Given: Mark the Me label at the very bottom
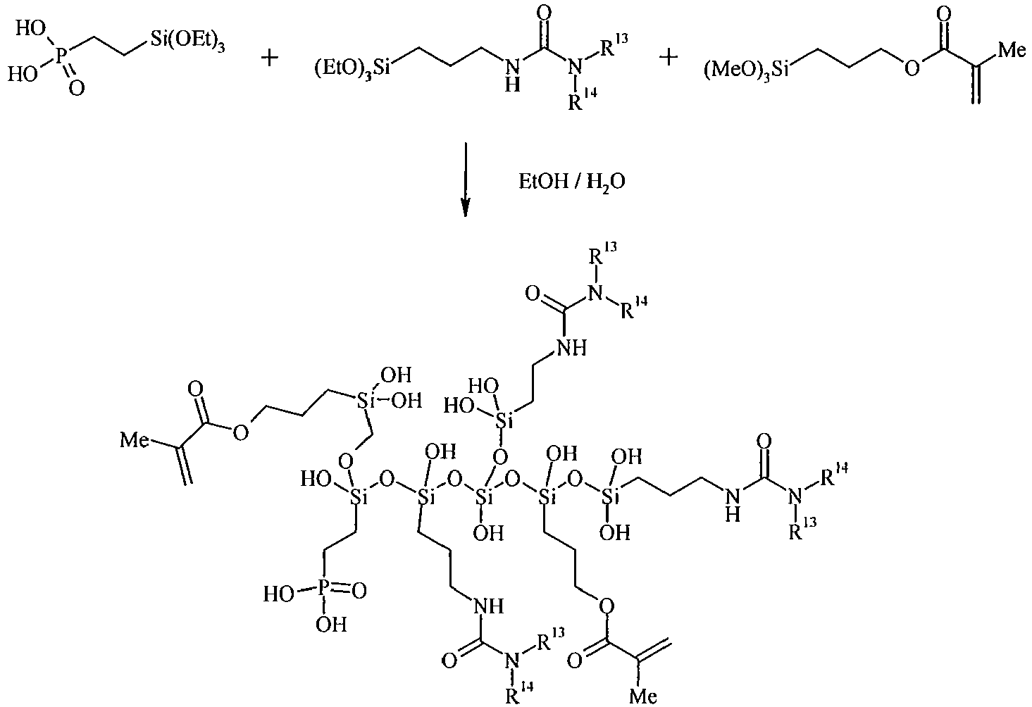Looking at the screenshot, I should pos(643,696).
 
